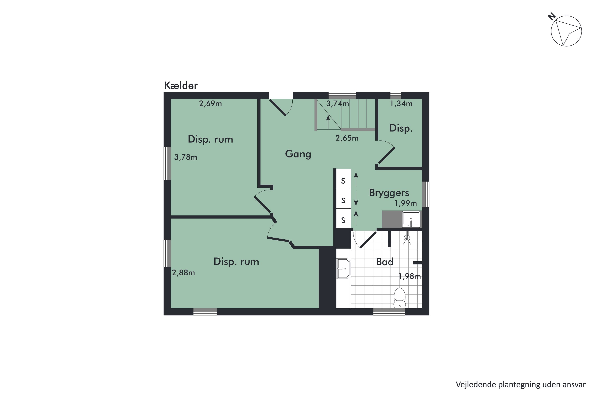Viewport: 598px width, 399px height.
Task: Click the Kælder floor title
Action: click(x=181, y=86)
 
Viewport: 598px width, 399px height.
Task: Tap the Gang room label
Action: click(x=298, y=154)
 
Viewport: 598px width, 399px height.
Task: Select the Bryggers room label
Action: click(x=389, y=193)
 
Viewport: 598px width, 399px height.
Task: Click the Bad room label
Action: click(x=385, y=262)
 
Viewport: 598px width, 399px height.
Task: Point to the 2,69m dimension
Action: click(x=210, y=104)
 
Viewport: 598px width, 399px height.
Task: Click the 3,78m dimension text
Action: click(x=186, y=157)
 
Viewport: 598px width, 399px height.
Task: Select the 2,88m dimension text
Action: click(x=183, y=273)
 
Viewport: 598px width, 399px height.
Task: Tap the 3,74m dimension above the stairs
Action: click(x=337, y=104)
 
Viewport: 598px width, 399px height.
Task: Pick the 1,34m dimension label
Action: click(x=401, y=104)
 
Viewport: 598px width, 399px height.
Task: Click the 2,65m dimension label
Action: click(x=347, y=138)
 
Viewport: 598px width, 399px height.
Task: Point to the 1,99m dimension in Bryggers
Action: click(x=405, y=203)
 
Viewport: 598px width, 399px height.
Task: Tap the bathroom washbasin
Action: click(x=343, y=269)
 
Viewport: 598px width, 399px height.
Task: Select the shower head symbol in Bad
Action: click(x=407, y=238)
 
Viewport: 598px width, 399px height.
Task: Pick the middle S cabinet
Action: click(x=343, y=200)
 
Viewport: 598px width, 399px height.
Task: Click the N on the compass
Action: click(x=552, y=17)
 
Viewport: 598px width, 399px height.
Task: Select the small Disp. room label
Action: click(x=401, y=128)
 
